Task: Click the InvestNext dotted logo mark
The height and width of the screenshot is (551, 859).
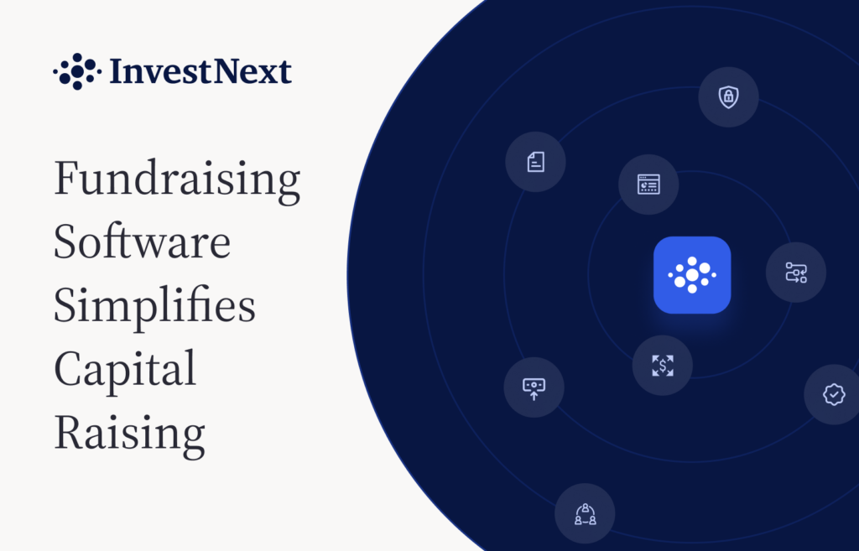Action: [x=77, y=71]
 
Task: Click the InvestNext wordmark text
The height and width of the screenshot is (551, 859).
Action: [x=200, y=71]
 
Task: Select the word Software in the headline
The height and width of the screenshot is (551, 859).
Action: [x=143, y=242]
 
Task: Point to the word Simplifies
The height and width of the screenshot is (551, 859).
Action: [x=154, y=306]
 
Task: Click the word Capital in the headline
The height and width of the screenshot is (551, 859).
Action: [x=125, y=370]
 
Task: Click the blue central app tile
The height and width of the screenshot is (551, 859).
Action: [x=692, y=275]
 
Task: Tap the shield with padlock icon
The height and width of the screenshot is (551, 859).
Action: [x=728, y=97]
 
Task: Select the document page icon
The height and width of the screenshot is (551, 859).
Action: [x=535, y=162]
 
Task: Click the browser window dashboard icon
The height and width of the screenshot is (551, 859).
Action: [x=648, y=185]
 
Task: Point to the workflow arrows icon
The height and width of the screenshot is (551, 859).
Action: [x=796, y=273]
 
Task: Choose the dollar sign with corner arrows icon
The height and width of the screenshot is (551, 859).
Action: [x=663, y=366]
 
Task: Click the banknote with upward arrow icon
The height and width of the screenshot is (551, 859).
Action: [x=534, y=388]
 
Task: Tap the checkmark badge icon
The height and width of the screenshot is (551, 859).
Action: [x=834, y=394]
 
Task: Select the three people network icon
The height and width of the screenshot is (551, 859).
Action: [x=585, y=514]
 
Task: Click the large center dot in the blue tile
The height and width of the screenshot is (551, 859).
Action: [x=692, y=274]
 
